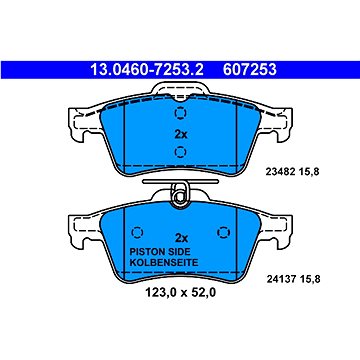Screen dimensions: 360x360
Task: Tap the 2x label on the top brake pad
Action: pos(180,132)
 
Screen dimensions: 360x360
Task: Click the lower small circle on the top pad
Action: pos(180,151)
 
